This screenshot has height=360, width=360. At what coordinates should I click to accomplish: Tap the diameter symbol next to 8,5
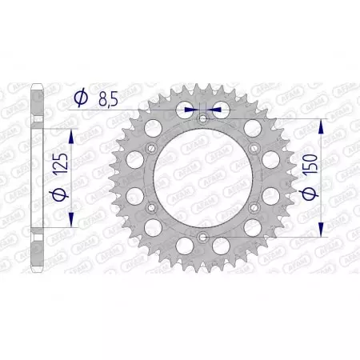[81, 98]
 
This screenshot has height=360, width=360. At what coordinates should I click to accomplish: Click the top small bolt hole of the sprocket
[202, 118]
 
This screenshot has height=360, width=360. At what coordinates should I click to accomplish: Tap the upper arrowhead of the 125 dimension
[74, 132]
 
